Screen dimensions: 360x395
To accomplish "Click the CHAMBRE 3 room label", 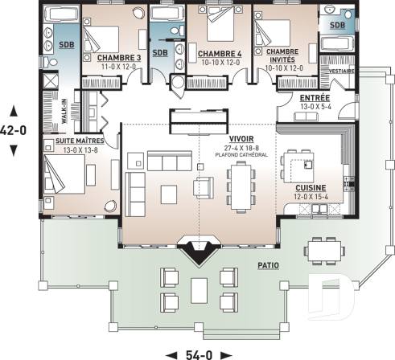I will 118,59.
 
